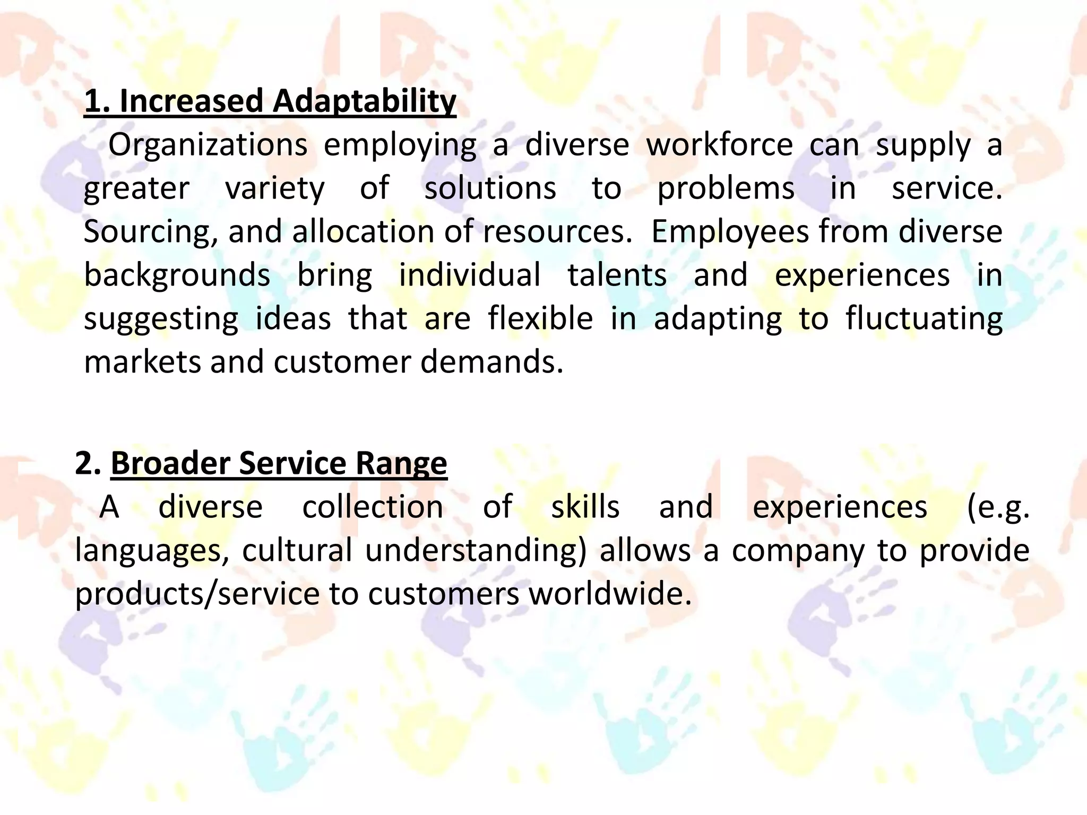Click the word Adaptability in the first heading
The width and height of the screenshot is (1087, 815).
[x=364, y=101]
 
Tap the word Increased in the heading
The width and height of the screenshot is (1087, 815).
[x=192, y=101]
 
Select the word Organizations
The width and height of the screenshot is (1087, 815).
[x=208, y=145]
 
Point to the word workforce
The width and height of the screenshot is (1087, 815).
[x=719, y=145]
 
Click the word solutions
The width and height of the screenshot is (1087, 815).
[x=490, y=188]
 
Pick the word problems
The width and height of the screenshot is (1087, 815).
[x=726, y=188]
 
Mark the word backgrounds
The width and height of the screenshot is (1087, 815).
[x=177, y=275]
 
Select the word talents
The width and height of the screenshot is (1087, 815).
[x=617, y=275]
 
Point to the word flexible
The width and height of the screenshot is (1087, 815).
[x=540, y=319]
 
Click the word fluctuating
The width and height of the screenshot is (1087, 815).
[x=924, y=319]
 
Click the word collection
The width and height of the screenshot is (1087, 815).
[x=373, y=507]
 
